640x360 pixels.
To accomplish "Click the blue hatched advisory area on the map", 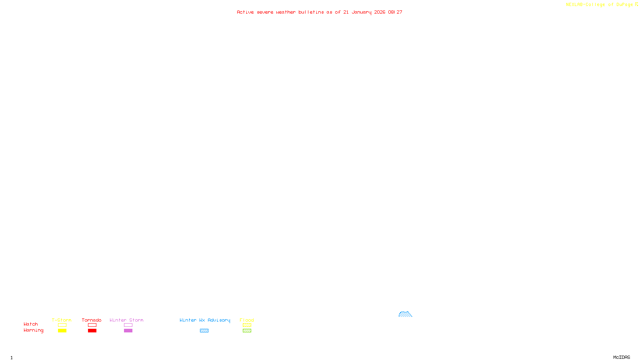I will point(405,314).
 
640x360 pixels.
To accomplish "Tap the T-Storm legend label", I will point(62,320).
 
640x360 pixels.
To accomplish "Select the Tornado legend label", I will point(92,320).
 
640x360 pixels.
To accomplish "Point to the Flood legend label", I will point(247,320).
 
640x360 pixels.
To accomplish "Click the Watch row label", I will point(31,324).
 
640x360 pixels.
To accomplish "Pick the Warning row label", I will point(34,330).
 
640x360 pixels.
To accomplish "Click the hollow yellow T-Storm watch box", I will point(62,325).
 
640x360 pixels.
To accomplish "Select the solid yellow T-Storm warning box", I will point(62,331).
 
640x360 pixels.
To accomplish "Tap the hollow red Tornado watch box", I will point(92,325).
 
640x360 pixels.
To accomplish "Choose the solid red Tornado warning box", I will point(92,331).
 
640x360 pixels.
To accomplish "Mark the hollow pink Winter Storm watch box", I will point(128,325).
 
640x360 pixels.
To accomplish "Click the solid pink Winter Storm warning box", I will point(128,331).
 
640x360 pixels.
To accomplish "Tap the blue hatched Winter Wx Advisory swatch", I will point(204,331).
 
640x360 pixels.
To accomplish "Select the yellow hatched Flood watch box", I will point(247,325).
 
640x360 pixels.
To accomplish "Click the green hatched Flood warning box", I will point(247,331).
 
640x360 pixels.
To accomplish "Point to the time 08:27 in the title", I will point(395,12).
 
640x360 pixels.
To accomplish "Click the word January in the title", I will point(362,12).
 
